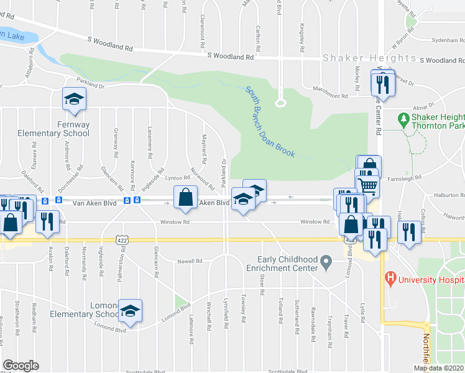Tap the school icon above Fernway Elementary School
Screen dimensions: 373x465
click(74, 99)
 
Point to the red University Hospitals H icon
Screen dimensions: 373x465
click(390, 278)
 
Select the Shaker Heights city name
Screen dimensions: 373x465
click(369, 58)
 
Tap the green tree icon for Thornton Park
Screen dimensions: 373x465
click(403, 118)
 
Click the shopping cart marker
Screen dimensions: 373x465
click(367, 185)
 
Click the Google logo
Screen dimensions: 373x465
click(21, 366)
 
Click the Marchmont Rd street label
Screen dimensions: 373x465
click(330, 96)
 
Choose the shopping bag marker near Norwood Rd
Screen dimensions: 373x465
click(186, 197)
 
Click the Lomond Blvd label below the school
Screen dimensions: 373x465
click(111, 329)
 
